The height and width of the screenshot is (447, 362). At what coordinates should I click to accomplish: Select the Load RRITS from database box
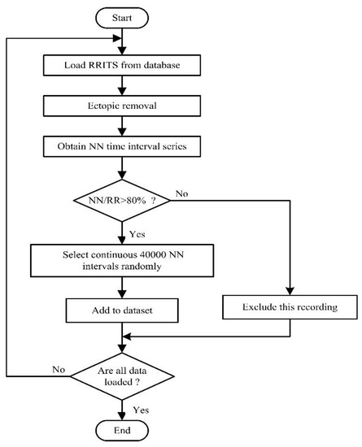(x=122, y=65)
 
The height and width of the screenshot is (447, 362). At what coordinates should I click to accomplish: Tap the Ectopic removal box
(x=122, y=105)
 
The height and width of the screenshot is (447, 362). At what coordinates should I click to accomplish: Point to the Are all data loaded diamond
(x=122, y=376)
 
